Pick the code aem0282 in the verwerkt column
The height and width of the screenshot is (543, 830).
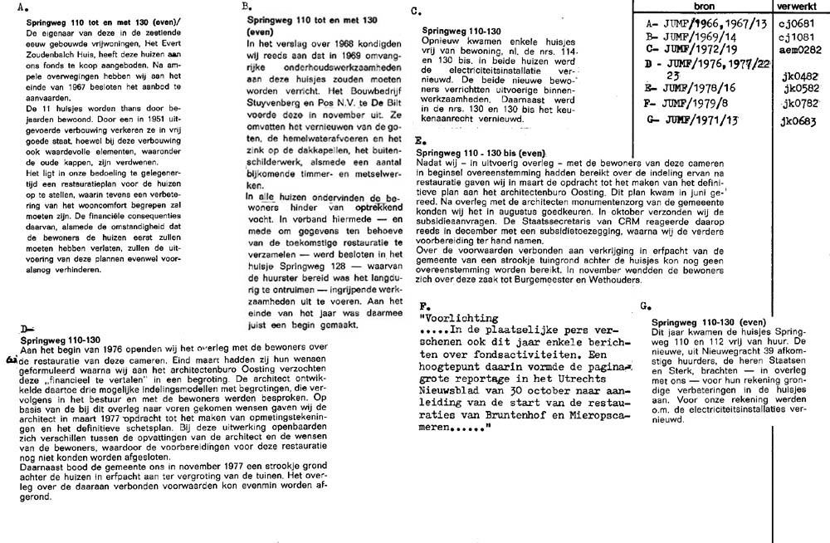(x=798, y=49)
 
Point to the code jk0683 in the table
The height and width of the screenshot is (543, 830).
(x=799, y=123)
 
